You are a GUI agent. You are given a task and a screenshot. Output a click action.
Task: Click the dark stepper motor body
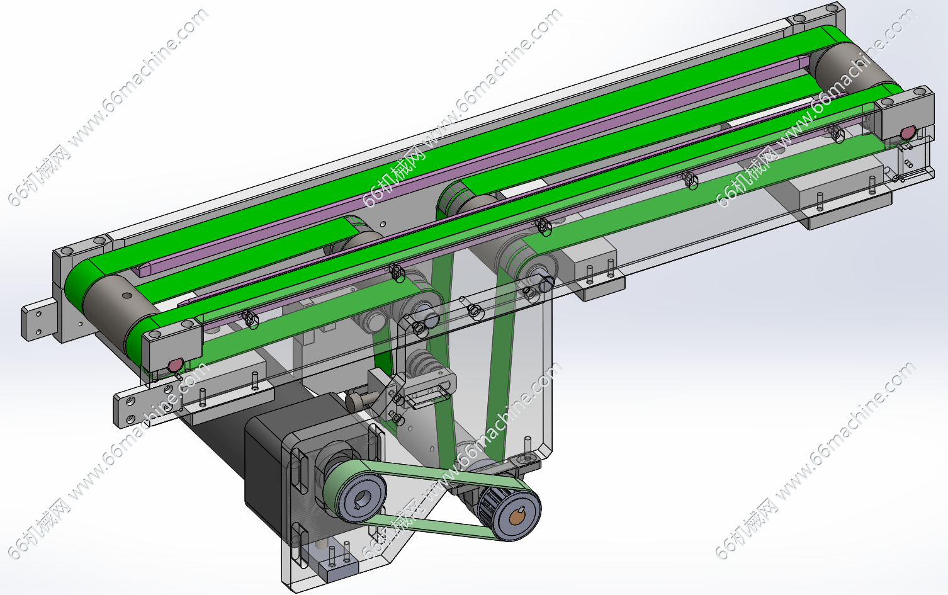(271, 457)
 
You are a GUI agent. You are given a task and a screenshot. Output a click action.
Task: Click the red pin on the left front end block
(175, 365)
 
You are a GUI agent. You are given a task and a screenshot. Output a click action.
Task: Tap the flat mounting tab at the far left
(38, 318)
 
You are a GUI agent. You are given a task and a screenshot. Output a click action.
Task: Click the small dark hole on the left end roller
(127, 295)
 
